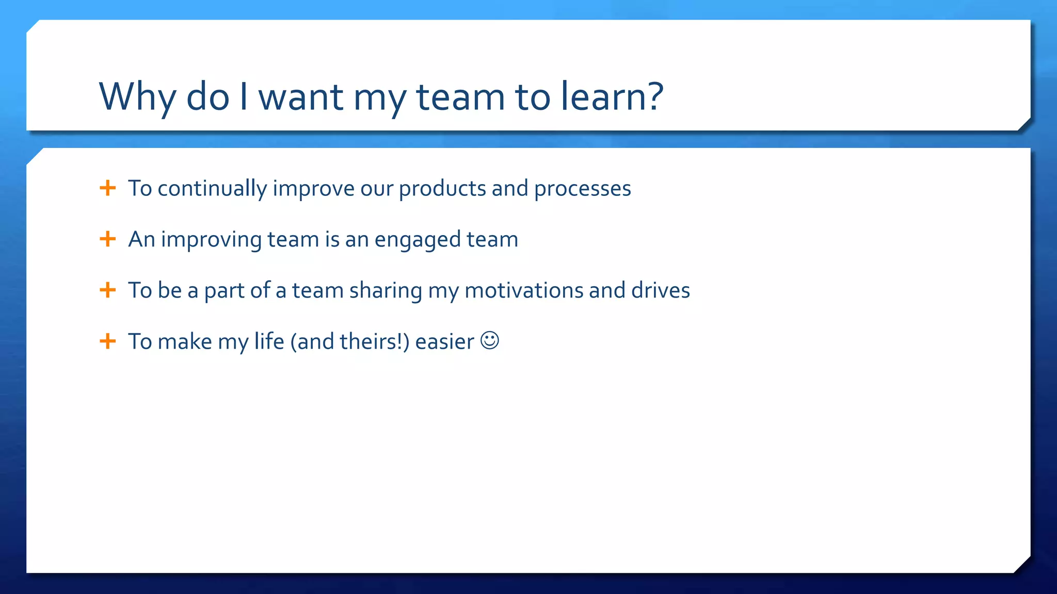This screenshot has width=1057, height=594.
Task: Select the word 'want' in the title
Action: pos(300,96)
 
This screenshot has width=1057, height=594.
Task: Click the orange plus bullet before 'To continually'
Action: pos(107,188)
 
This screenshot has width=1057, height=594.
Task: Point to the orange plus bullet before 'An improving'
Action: pos(107,239)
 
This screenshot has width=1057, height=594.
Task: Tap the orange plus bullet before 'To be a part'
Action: pos(107,290)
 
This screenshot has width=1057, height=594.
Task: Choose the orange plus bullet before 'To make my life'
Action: pos(107,341)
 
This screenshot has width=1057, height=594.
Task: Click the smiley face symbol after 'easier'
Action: pos(489,341)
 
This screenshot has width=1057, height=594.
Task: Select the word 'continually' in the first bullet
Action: pos(212,189)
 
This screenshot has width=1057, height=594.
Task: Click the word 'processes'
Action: pos(582,189)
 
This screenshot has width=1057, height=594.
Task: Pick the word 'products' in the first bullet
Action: pos(442,189)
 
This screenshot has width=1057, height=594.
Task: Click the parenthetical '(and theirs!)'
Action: pos(350,342)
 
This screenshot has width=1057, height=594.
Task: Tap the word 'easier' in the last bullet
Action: pos(444,342)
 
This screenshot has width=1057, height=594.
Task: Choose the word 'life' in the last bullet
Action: pos(269,341)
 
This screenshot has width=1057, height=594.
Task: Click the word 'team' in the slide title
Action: pos(460,96)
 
